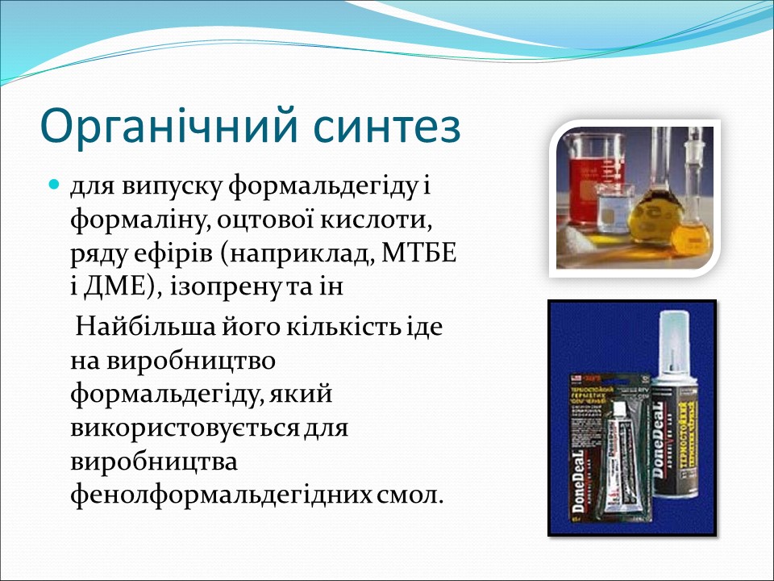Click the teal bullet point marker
point(55,186)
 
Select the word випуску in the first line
point(175,187)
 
